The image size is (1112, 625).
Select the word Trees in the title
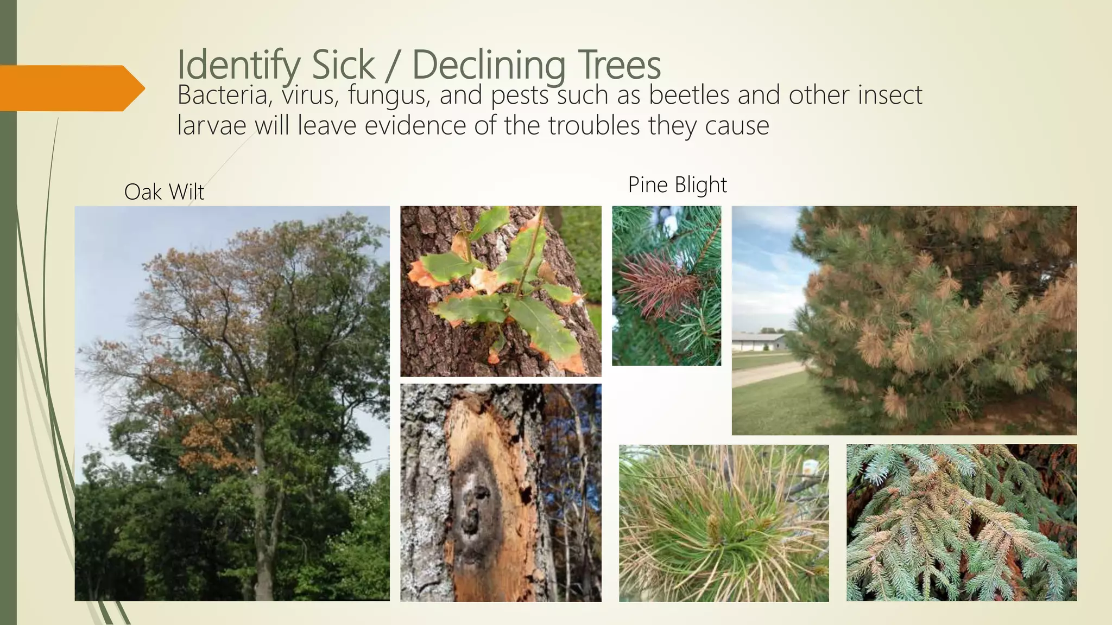coord(618,65)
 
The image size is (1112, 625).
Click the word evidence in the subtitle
coord(415,126)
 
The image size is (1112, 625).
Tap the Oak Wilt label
coord(164,192)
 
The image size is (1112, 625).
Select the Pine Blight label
coord(677,185)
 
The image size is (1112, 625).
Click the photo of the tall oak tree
coord(232,403)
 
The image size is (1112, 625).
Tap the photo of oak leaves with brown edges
coord(501,291)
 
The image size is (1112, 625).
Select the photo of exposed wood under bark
coord(501,493)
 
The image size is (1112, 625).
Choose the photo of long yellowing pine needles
coord(724,523)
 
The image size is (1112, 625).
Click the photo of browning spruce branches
coord(961,523)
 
